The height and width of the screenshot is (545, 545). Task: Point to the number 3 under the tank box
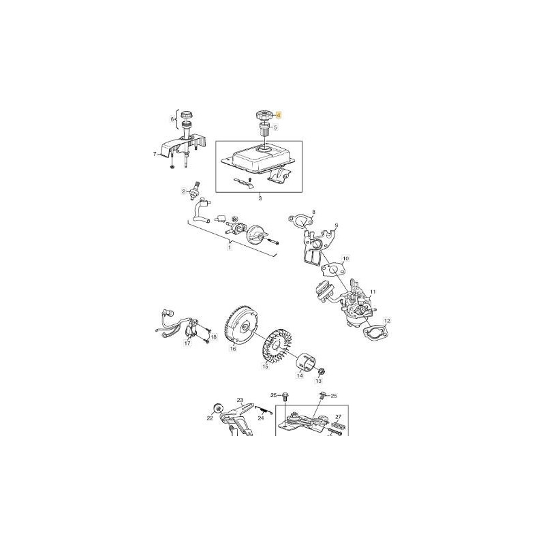(x=260, y=200)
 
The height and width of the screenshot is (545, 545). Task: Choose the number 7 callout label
(x=155, y=155)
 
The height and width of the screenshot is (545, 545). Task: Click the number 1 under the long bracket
(x=230, y=247)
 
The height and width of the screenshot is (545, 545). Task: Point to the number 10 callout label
(x=345, y=259)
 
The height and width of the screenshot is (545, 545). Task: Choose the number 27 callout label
(x=338, y=417)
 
